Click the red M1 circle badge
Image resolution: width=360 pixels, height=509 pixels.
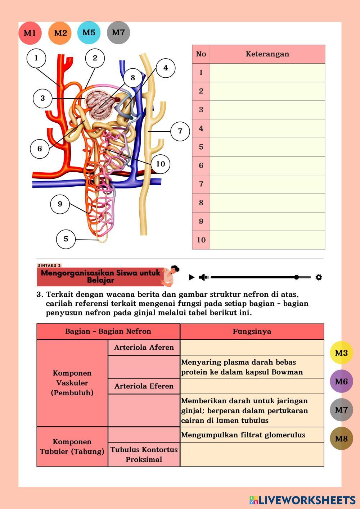(x=30, y=33)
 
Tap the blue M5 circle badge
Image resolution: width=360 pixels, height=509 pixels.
(x=89, y=33)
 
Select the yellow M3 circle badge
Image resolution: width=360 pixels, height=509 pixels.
(x=341, y=353)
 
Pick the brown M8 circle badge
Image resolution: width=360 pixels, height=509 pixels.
(x=341, y=438)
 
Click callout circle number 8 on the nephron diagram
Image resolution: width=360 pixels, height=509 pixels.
(x=133, y=78)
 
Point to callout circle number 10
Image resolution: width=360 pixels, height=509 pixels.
(x=160, y=164)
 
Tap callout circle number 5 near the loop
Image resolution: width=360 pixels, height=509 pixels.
(x=66, y=239)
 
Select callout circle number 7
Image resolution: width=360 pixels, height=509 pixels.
(x=180, y=131)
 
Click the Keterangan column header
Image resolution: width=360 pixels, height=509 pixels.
(x=267, y=54)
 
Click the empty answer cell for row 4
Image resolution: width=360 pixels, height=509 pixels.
(x=267, y=128)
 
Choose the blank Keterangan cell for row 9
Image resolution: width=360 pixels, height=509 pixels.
(x=267, y=222)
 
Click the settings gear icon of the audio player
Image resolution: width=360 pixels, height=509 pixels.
(x=319, y=277)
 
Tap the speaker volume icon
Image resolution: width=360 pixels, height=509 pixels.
(x=203, y=277)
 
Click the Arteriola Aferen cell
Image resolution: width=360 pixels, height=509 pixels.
(x=144, y=347)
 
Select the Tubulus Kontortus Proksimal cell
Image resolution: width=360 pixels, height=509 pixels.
(x=144, y=454)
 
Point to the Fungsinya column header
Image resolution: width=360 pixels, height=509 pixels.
(x=252, y=332)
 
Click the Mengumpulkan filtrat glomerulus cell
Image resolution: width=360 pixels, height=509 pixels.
(x=252, y=435)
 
